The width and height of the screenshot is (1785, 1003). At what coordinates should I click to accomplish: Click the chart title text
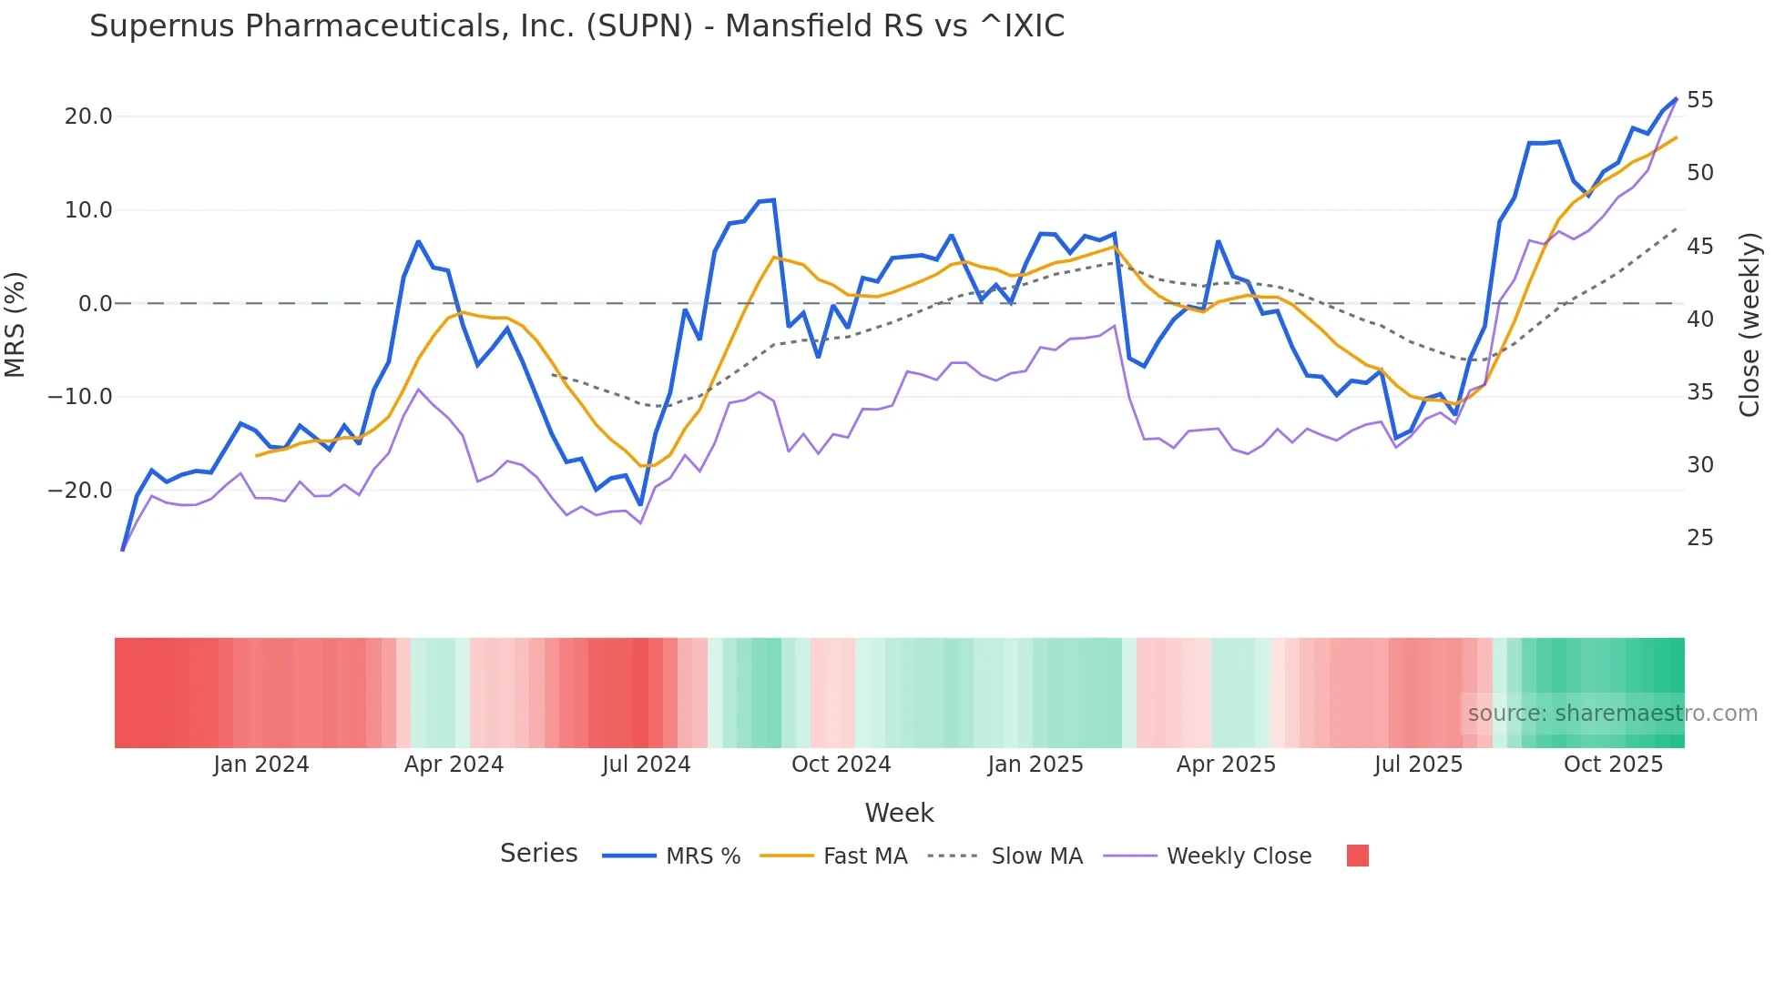click(x=576, y=26)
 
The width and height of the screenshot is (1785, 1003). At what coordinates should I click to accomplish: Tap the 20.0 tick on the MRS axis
click(x=88, y=117)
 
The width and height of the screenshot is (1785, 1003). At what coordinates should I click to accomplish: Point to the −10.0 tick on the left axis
click(x=80, y=397)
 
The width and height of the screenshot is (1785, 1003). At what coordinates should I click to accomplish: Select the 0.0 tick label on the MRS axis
click(x=95, y=304)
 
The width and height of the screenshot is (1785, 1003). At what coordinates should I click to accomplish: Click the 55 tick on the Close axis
click(x=1699, y=100)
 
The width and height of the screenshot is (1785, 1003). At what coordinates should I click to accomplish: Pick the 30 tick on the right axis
click(x=1699, y=465)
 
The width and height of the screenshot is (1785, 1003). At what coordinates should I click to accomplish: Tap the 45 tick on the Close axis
click(x=1699, y=247)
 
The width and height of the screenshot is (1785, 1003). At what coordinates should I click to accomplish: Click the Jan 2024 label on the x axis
click(x=261, y=765)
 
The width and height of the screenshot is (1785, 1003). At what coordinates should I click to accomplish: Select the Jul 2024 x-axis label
click(x=646, y=765)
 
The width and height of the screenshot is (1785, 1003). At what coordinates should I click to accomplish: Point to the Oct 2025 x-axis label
click(x=1613, y=765)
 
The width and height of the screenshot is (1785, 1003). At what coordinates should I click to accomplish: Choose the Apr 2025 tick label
click(x=1226, y=765)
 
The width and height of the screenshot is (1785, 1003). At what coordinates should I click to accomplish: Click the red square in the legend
click(x=1357, y=856)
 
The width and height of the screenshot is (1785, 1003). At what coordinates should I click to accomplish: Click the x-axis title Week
click(x=899, y=813)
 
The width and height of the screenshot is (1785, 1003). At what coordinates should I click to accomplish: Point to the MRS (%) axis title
click(x=15, y=325)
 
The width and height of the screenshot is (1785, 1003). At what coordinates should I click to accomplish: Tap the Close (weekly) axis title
click(x=1749, y=325)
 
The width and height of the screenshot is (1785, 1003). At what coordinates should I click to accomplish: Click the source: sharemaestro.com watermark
click(x=1612, y=714)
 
